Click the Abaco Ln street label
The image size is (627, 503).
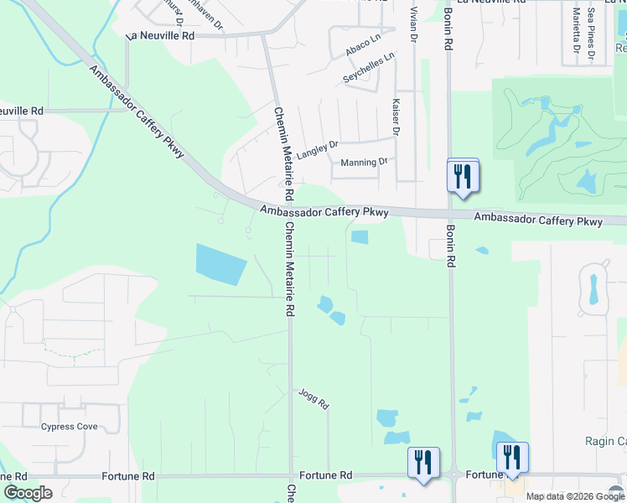[357, 50]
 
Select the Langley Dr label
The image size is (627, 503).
[316, 145]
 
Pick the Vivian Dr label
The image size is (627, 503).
[413, 25]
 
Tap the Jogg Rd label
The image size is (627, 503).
[313, 398]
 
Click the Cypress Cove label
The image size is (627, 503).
[70, 427]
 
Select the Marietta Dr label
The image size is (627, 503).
[576, 29]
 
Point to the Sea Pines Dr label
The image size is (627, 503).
[591, 29]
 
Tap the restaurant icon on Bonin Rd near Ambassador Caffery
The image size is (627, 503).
[463, 177]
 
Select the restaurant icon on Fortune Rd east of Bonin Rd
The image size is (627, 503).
[512, 458]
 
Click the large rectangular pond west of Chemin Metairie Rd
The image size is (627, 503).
[221, 264]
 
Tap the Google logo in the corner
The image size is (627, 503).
[28, 493]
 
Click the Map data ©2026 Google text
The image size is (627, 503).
[575, 496]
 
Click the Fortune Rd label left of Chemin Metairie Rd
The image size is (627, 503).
[127, 475]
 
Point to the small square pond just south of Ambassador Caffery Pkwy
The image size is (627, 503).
[359, 237]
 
